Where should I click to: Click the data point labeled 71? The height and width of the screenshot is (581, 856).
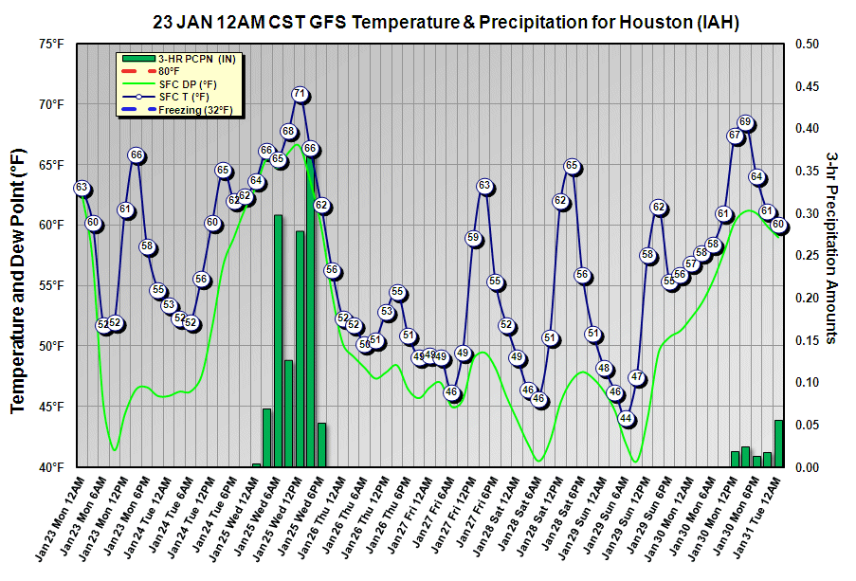[300, 94]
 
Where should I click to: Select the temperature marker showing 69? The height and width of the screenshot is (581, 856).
[745, 122]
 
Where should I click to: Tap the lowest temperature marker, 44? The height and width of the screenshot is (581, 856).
[626, 418]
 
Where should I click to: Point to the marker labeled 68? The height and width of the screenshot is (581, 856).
[288, 131]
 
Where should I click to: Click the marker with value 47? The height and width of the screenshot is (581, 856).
[637, 378]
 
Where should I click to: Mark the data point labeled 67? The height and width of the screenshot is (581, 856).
[735, 136]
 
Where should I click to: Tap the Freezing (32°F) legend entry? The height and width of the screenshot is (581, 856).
[180, 110]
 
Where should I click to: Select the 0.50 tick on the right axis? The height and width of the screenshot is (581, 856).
[808, 44]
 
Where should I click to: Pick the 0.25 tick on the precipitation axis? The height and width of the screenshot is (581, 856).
[808, 256]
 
